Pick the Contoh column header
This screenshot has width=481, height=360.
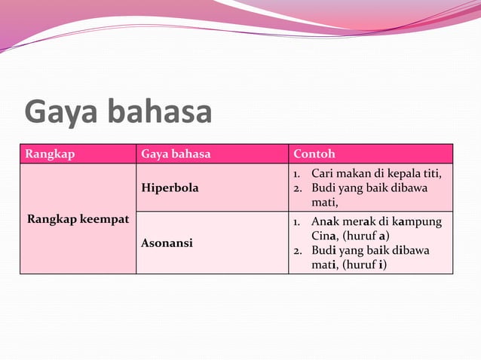(x=314, y=154)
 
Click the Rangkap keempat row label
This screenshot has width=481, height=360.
(x=78, y=219)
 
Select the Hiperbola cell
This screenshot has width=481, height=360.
(x=170, y=188)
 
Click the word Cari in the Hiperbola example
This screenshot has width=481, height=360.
(x=322, y=174)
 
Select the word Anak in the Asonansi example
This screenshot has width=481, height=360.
(x=324, y=222)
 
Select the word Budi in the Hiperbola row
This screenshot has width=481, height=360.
(x=323, y=188)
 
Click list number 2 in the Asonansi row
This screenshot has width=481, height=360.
(x=297, y=250)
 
